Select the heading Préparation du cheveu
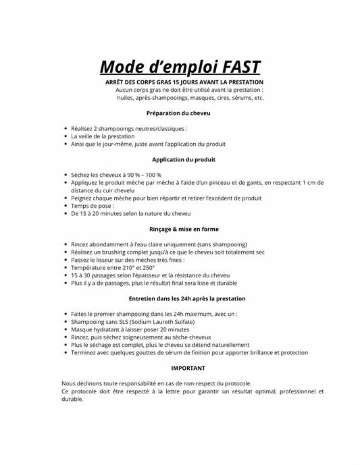[x=178, y=113]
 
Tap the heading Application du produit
[x=184, y=159]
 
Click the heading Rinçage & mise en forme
[x=184, y=229]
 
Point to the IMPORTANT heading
[x=188, y=368]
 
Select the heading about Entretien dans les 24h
[x=187, y=298]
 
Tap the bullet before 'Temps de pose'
[x=65, y=206]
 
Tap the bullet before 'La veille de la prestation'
[x=65, y=136]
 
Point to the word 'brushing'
[x=115, y=252]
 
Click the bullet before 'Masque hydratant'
[x=65, y=329]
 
